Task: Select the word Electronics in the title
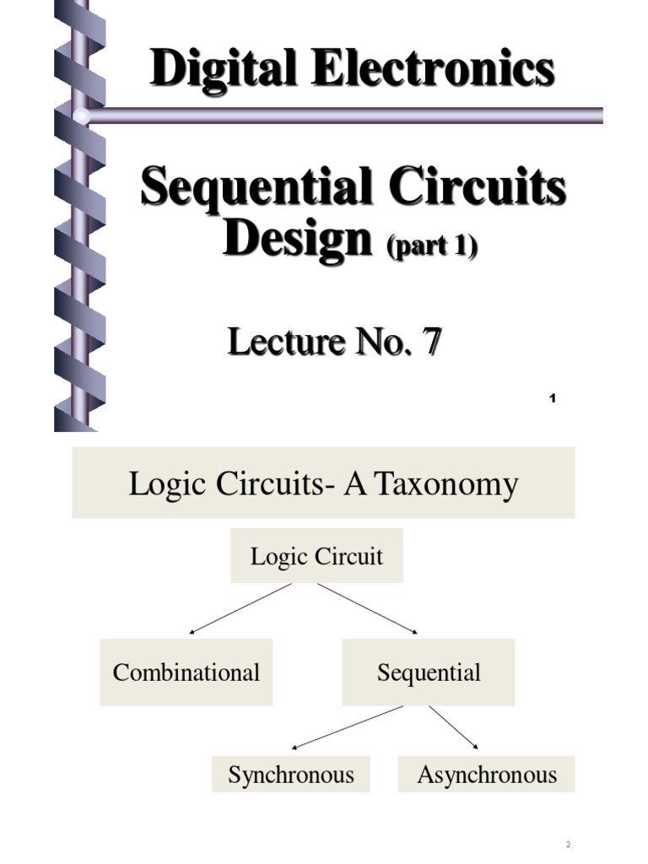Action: (x=434, y=67)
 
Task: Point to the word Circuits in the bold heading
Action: (x=478, y=185)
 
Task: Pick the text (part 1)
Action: (x=433, y=246)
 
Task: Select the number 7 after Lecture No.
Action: (x=431, y=342)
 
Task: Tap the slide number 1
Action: (x=553, y=398)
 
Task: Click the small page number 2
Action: (x=568, y=844)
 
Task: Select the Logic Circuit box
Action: (x=317, y=555)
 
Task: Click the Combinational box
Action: (x=186, y=672)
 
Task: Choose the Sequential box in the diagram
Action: (x=429, y=672)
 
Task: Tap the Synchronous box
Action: (x=291, y=775)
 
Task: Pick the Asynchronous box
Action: (x=487, y=775)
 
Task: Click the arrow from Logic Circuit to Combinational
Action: (x=240, y=609)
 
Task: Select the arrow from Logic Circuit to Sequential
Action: (x=368, y=609)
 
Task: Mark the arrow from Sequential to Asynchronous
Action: (x=453, y=727)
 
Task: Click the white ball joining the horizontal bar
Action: (x=82, y=116)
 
